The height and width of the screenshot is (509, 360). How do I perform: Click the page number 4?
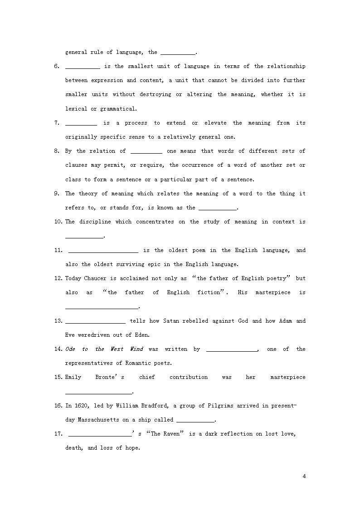pyautogui.click(x=304, y=476)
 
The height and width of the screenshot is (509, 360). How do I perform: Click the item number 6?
pyautogui.click(x=57, y=66)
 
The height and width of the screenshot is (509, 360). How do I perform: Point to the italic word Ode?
pyautogui.click(x=70, y=349)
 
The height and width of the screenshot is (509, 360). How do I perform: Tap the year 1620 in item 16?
pyautogui.click(x=79, y=406)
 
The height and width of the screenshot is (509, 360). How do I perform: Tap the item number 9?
pyautogui.click(x=57, y=194)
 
